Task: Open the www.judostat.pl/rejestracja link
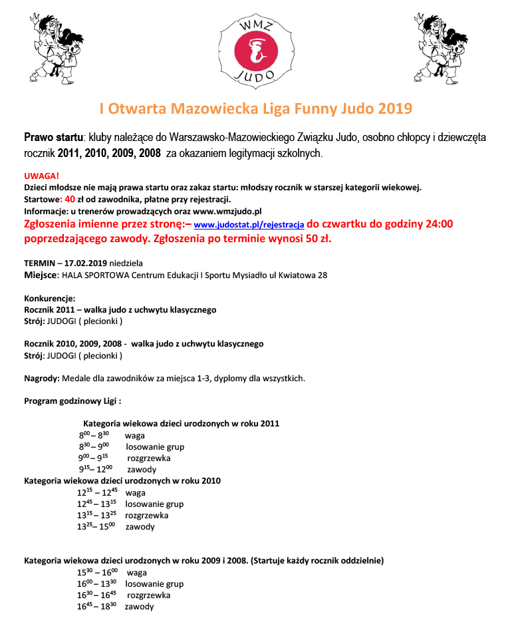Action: pyautogui.click(x=249, y=225)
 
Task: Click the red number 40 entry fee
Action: pyautogui.click(x=70, y=199)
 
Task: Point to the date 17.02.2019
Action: pyautogui.click(x=89, y=263)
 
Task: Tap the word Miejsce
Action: pyautogui.click(x=41, y=275)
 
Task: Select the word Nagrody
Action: pyautogui.click(x=42, y=379)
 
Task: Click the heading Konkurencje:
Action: pyautogui.click(x=50, y=298)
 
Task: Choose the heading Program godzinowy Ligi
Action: pyautogui.click(x=72, y=401)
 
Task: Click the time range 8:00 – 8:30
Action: pyautogui.click(x=94, y=436)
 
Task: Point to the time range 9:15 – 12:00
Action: pyautogui.click(x=96, y=470)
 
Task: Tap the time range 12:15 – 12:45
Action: pyautogui.click(x=97, y=493)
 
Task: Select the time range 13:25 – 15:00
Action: pyautogui.click(x=97, y=527)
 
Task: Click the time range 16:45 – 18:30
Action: pyautogui.click(x=97, y=607)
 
